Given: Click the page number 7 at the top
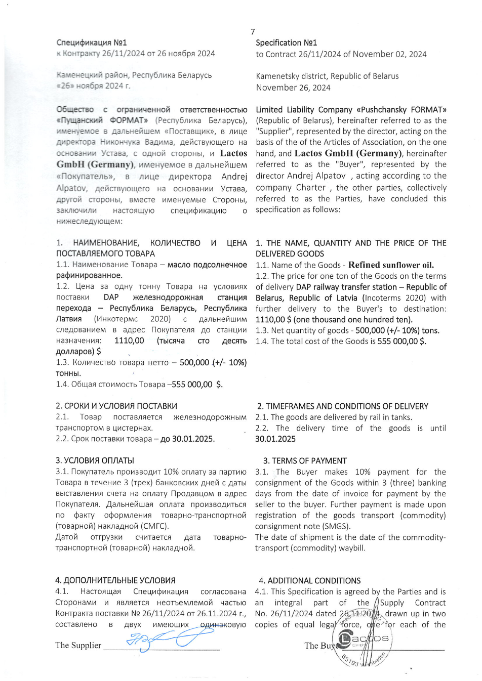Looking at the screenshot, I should (x=253, y=32).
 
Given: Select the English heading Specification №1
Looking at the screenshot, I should (x=286, y=43).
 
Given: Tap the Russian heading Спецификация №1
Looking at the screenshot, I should (x=92, y=43).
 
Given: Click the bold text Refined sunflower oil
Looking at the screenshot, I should (x=391, y=265).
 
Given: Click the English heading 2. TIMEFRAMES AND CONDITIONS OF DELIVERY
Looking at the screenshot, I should (x=342, y=406).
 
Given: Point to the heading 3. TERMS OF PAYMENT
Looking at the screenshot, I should (x=305, y=461).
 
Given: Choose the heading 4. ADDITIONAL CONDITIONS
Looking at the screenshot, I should (x=310, y=581).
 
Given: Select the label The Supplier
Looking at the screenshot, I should (x=78, y=646).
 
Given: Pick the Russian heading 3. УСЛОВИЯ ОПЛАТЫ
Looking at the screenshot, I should (x=95, y=461).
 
